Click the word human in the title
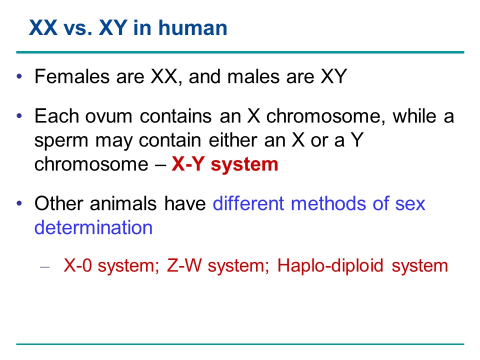[192, 27]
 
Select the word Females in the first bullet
[72, 76]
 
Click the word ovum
[108, 117]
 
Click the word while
[415, 116]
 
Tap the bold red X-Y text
[188, 164]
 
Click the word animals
[123, 203]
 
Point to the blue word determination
[93, 227]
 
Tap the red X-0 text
[78, 265]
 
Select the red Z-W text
[184, 265]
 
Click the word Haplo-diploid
[330, 266]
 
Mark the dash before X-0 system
[44, 267]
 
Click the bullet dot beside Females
[19, 76]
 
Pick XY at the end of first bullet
[334, 76]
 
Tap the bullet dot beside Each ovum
[19, 116]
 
